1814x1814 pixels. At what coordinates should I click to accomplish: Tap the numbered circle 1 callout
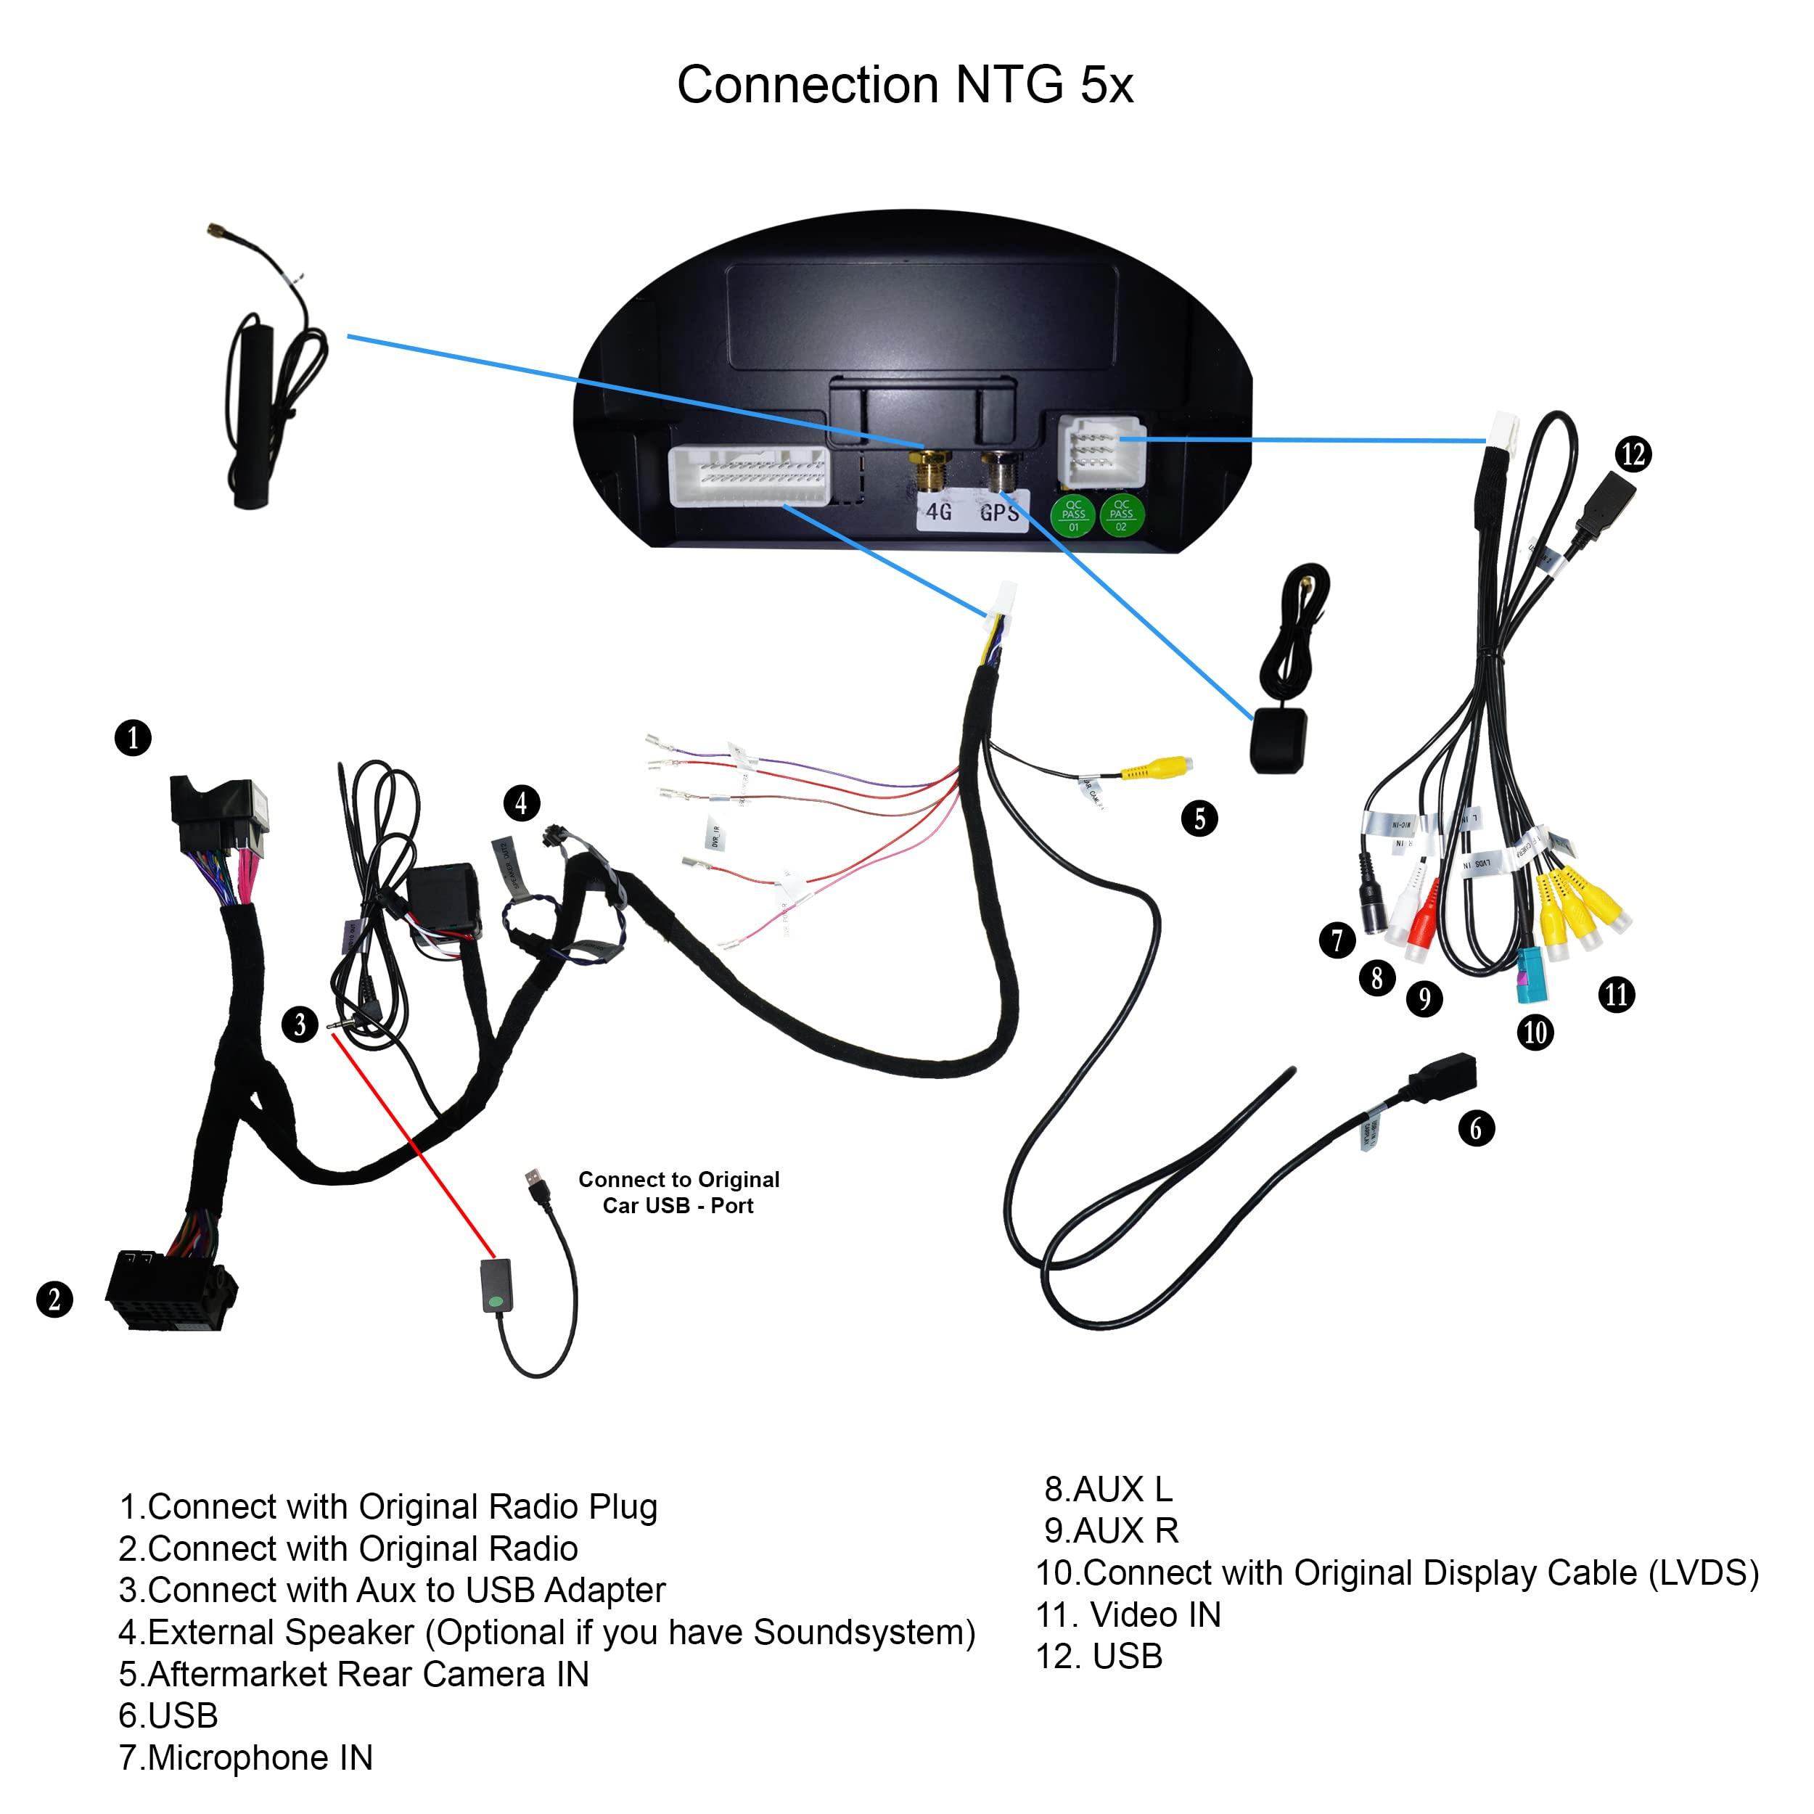[x=132, y=737]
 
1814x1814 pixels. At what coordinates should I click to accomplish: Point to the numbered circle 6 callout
[x=1475, y=1128]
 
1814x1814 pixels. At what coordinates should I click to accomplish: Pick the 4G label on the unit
[x=939, y=513]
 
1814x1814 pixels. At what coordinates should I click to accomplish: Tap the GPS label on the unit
[x=998, y=513]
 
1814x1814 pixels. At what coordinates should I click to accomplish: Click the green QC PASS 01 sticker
[x=1073, y=515]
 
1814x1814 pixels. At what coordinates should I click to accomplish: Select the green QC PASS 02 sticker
[x=1121, y=515]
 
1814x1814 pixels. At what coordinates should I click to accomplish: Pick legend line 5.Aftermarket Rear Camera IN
[x=353, y=1674]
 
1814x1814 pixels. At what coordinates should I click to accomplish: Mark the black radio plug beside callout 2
[x=169, y=1291]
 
